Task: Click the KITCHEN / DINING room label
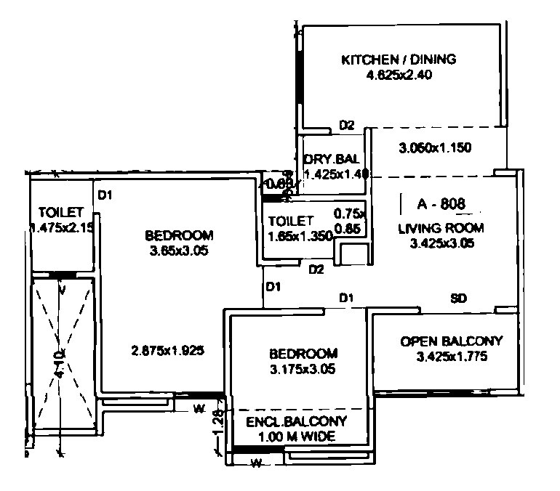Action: tap(399, 60)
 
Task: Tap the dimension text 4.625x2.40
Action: tap(399, 75)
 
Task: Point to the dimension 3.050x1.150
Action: tap(436, 148)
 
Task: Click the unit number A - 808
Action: tap(441, 204)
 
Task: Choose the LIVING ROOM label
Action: tap(441, 228)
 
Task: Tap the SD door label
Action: tap(459, 299)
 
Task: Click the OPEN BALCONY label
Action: tap(451, 341)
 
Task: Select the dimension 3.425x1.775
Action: tap(451, 357)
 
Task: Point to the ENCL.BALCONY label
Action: tap(296, 422)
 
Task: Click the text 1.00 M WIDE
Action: tap(296, 437)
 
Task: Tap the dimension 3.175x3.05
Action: tap(303, 368)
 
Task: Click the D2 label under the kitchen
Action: tap(346, 126)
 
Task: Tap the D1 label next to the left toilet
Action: tap(107, 194)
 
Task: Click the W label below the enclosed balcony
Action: tap(255, 463)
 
